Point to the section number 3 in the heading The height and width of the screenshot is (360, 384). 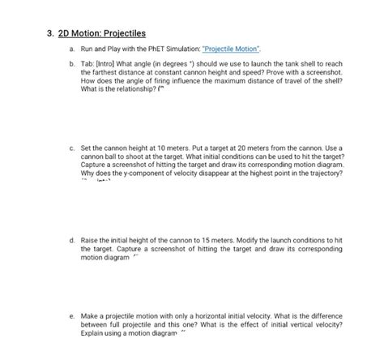(49, 34)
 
